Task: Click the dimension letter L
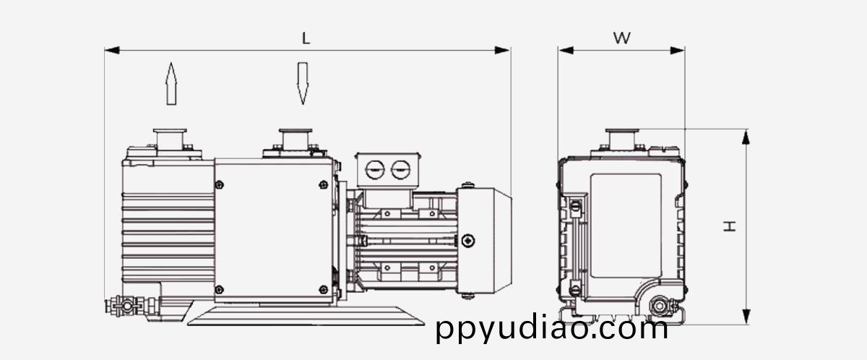pos(306,38)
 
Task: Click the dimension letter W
pos(621,38)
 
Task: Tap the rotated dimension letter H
pos(729,226)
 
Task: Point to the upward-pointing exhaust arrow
pos(171,84)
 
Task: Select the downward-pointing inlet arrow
pos(303,84)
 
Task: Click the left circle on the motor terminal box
pos(375,170)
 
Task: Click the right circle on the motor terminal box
pos(400,170)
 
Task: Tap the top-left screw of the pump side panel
pos(219,184)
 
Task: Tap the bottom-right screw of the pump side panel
pos(324,289)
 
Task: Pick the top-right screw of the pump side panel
pos(324,184)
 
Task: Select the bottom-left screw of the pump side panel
pos(219,289)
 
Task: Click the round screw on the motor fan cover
pos(468,241)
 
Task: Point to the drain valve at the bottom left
pos(127,306)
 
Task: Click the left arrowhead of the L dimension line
pos(112,51)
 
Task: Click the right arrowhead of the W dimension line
pos(678,51)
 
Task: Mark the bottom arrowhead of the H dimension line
pos(746,317)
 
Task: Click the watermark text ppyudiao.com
pos(552,329)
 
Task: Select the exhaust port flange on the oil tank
pos(170,140)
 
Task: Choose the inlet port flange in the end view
pos(622,140)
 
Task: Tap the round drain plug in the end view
pos(659,306)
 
